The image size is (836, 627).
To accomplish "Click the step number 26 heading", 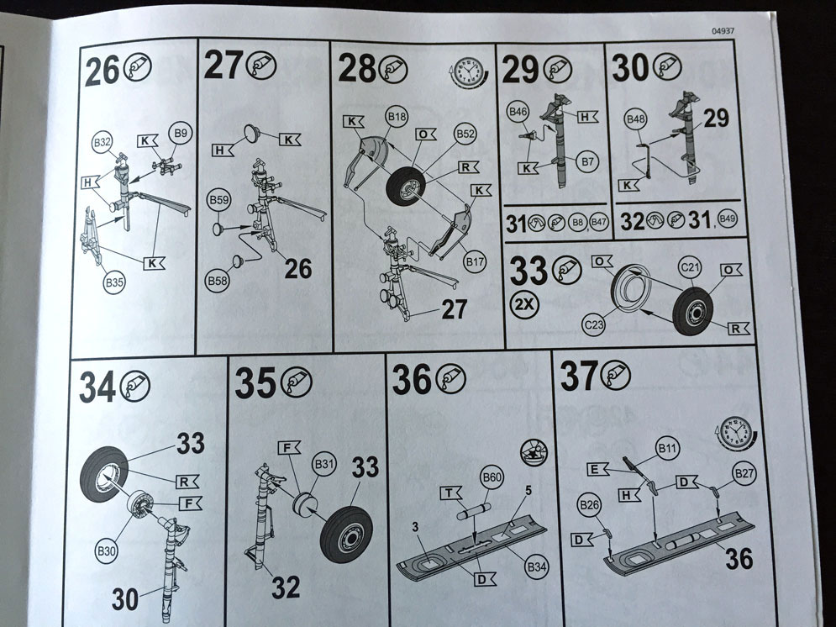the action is coord(102,71).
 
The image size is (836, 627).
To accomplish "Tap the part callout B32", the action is coord(102,142).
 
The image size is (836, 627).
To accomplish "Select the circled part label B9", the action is coord(180,134).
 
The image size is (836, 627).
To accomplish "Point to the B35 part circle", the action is coord(114,282).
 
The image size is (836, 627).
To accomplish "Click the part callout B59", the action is coord(218,201).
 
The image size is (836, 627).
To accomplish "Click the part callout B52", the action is coord(465,134).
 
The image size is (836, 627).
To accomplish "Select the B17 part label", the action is coord(475,261).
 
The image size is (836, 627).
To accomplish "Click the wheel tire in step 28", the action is coord(407,186).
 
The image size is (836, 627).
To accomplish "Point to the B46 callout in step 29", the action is coord(518,112).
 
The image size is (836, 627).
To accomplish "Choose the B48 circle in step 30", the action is coord(636,119).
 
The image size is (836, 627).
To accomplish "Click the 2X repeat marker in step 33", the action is coord(524,304).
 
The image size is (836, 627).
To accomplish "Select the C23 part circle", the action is coord(594,324).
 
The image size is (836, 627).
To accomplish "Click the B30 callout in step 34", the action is coord(106,550).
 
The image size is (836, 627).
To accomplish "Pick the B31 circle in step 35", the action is coord(324,465).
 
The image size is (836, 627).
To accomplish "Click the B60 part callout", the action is coord(492,477).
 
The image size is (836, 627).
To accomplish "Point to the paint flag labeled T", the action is coord(451,493).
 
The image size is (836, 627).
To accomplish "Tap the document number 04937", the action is coord(723,31).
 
